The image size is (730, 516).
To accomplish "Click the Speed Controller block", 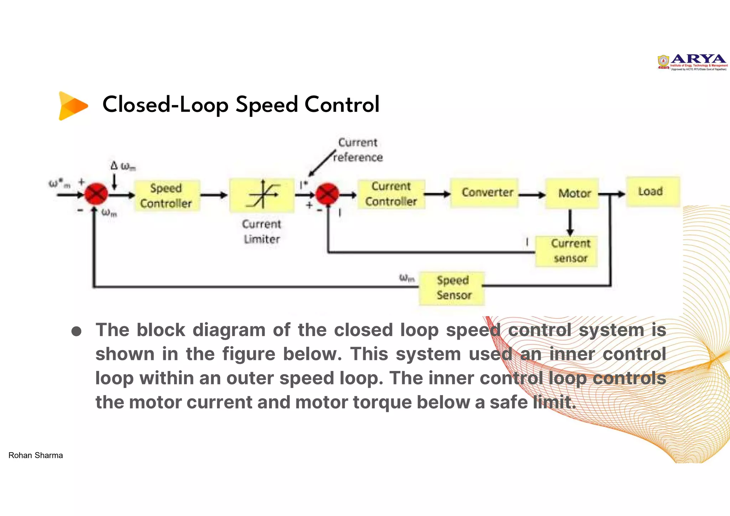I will click(x=166, y=196).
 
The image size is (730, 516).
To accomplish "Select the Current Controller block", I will click(x=391, y=194).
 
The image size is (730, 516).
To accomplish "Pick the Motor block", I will click(x=572, y=193).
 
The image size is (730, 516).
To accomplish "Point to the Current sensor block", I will click(x=566, y=251).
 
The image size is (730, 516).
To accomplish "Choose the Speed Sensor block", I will click(x=452, y=288).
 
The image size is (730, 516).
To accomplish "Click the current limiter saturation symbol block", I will click(x=262, y=196).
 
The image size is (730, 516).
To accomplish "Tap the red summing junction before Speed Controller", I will click(x=96, y=194).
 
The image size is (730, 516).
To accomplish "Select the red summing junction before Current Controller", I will click(x=327, y=194).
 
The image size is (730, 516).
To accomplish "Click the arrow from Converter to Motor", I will click(x=532, y=195).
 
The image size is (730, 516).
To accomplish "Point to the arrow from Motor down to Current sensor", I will click(x=570, y=222).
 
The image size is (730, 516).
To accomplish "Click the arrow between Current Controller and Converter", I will click(x=438, y=194).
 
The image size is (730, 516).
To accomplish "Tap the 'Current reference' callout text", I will click(x=358, y=150).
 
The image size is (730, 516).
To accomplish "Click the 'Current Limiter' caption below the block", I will click(x=262, y=232).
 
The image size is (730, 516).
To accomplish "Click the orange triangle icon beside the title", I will click(x=72, y=105).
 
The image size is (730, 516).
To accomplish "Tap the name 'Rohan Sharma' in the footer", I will click(x=36, y=455).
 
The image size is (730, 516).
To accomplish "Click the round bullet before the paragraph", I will click(x=76, y=331).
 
